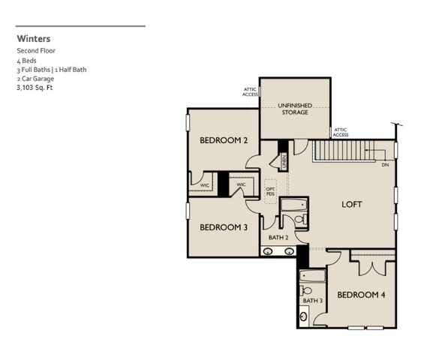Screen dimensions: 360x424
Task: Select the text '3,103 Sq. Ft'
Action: click(x=36, y=87)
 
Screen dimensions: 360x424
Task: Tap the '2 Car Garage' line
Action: click(x=35, y=78)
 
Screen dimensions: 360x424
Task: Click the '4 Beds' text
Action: click(x=26, y=60)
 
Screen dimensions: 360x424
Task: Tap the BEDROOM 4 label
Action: click(x=360, y=295)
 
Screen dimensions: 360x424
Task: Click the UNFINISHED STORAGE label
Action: click(x=294, y=109)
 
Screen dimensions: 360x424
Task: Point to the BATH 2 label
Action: click(x=278, y=238)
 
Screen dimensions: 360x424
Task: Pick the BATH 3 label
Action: click(x=312, y=301)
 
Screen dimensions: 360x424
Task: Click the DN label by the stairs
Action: click(x=384, y=164)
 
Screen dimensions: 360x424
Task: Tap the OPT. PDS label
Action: click(x=270, y=191)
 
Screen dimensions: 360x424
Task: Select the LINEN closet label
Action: click(x=284, y=160)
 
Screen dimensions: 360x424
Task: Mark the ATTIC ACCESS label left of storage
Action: click(x=250, y=92)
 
